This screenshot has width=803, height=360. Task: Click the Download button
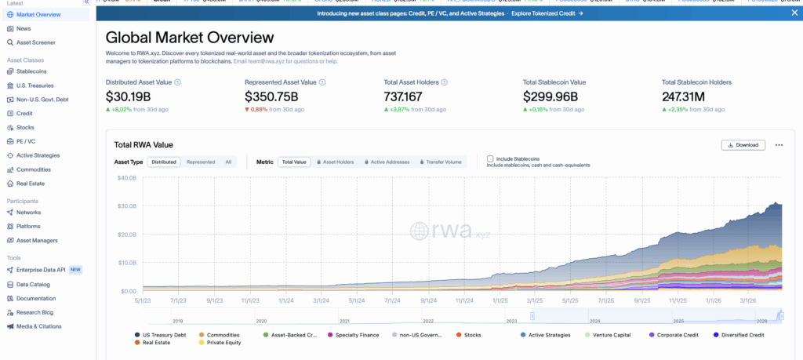tap(743, 145)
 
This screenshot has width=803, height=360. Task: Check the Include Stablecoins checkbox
tap(491, 158)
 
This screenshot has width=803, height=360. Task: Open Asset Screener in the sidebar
tap(35, 42)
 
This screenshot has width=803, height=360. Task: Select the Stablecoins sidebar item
tap(31, 71)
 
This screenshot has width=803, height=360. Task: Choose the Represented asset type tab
tap(201, 162)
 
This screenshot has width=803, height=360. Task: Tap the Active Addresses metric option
tap(389, 162)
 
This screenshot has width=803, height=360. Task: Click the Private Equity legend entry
tap(223, 343)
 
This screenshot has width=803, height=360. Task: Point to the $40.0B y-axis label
tap(126, 178)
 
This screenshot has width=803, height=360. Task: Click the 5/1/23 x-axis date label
tap(143, 299)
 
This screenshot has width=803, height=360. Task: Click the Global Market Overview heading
tap(190, 38)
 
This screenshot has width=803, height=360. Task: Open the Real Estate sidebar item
tap(31, 184)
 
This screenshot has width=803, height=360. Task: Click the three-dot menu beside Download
tap(779, 145)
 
